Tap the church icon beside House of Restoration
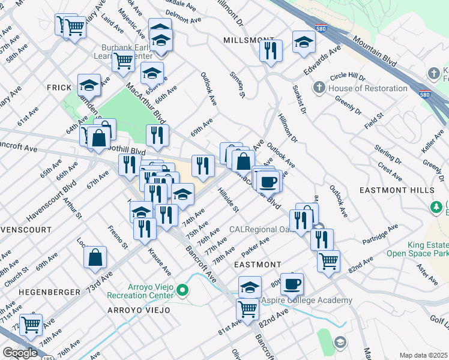click(319, 88)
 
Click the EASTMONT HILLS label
click(396, 190)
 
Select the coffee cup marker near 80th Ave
click(292, 283)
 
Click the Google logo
click(20, 353)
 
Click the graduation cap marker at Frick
click(89, 85)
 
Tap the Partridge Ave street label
click(381, 235)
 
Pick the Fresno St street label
click(118, 238)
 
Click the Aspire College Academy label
click(306, 300)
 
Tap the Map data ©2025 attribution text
click(423, 355)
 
